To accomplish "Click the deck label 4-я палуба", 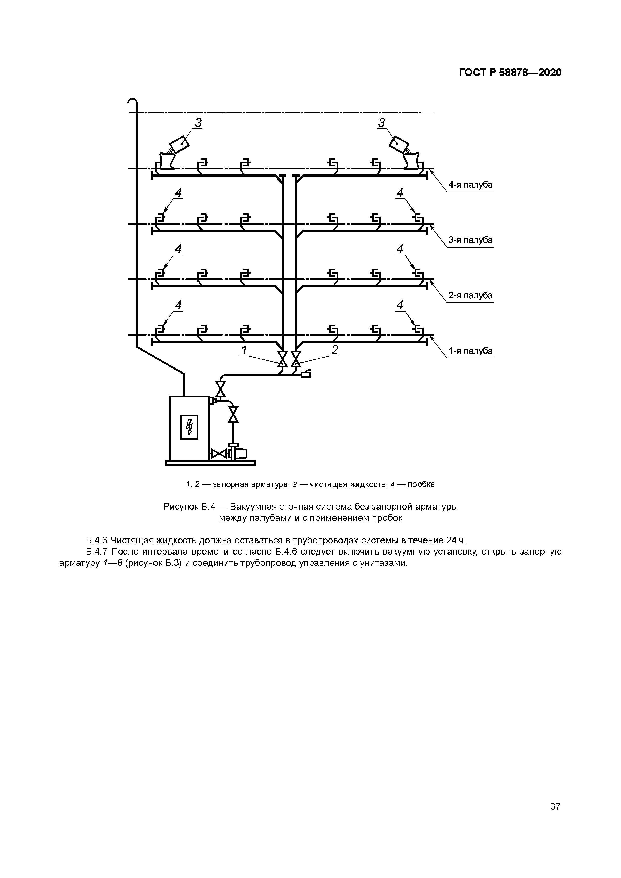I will (x=470, y=185).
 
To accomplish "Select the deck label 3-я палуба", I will (x=470, y=240).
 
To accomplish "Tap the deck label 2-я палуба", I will (x=470, y=296).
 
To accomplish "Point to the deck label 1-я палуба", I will (x=470, y=351).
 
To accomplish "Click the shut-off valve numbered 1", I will (x=283, y=359).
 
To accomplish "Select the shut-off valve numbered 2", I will (x=296, y=359).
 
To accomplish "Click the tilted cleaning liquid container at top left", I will (x=179, y=144).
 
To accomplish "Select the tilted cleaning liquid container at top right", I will (x=399, y=144).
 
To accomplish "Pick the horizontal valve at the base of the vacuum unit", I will (x=219, y=454).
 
